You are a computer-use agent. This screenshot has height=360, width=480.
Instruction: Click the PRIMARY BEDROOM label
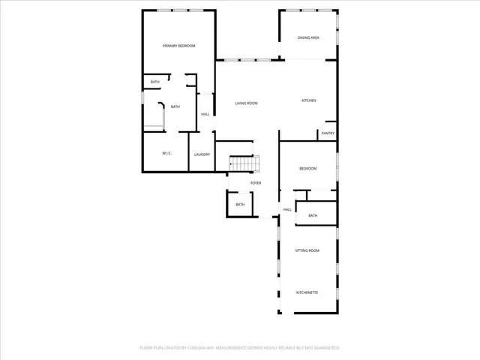coord(179,46)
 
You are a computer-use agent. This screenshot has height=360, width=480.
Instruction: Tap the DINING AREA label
coord(308,37)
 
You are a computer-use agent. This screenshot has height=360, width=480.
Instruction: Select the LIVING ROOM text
coord(246,103)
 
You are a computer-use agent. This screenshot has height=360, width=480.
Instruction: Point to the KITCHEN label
coord(308,100)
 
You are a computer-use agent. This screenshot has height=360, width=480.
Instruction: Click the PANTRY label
coord(327,133)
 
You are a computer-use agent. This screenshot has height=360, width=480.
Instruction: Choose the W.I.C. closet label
coord(166,154)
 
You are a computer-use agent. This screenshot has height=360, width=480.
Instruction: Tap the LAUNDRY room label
coord(202,154)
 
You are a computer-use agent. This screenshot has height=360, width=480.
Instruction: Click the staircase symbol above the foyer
coord(244,163)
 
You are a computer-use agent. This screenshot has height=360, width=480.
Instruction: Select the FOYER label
coord(256,183)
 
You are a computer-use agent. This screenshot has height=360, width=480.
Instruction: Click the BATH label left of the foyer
coord(240,205)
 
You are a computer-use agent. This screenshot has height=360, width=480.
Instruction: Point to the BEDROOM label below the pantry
coord(308,169)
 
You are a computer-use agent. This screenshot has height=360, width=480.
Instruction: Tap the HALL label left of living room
coord(205,115)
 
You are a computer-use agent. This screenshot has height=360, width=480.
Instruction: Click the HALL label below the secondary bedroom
coord(286,210)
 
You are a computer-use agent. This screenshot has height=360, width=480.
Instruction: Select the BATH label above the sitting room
coord(313,216)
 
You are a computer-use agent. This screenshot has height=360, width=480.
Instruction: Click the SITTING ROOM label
coord(307,250)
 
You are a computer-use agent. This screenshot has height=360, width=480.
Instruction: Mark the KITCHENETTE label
coord(307,292)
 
